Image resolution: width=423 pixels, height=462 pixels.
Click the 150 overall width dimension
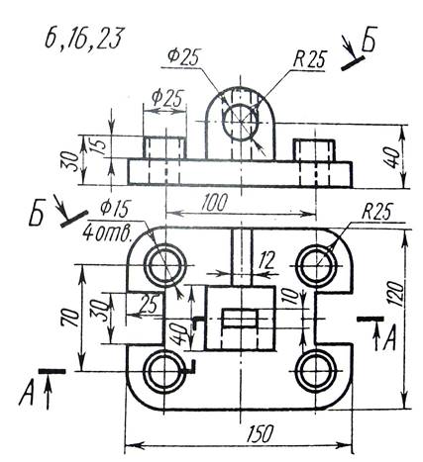click(261, 433)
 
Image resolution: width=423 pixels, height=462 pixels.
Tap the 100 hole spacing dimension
click(215, 203)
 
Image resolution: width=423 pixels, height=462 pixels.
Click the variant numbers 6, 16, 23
click(83, 39)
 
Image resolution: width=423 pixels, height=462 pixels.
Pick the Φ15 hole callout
click(115, 209)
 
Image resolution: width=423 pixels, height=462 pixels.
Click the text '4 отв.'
click(107, 232)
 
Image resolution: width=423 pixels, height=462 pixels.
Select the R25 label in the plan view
click(377, 211)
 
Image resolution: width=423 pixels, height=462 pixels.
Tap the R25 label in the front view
click(310, 59)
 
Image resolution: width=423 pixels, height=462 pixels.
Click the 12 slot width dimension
click(266, 260)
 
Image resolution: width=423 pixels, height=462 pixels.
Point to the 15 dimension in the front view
click(101, 145)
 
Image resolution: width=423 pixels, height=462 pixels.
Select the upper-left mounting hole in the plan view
click(164, 265)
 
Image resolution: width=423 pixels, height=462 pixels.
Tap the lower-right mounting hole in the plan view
click(316, 372)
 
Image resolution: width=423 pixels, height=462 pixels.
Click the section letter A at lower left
click(27, 393)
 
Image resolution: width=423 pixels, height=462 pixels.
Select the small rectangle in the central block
click(241, 319)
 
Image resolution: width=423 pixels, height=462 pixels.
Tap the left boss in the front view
click(164, 148)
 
